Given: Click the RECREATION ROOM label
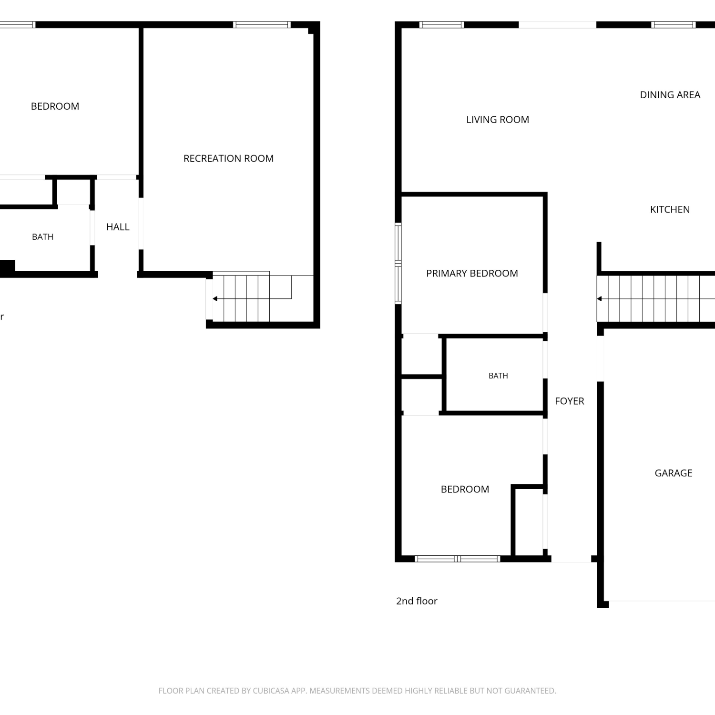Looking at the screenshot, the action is click(228, 158).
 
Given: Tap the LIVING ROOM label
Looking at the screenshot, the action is click(498, 120).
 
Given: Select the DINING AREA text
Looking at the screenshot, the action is click(670, 95).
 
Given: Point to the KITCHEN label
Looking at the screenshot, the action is click(670, 209).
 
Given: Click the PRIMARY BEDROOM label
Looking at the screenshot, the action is click(472, 273).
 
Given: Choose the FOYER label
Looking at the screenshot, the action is click(569, 401).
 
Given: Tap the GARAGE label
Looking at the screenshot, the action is click(673, 473).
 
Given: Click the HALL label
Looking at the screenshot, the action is click(118, 227).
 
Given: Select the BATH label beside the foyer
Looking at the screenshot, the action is click(498, 376).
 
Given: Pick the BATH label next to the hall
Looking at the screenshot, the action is click(42, 237).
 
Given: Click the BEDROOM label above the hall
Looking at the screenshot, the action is click(55, 106).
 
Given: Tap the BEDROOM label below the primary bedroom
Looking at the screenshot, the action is click(465, 489).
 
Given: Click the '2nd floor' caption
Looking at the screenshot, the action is click(417, 601).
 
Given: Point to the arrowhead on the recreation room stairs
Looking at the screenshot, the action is click(215, 299).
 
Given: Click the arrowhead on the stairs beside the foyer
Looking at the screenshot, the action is click(599, 299).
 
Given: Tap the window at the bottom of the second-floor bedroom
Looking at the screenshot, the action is click(457, 559).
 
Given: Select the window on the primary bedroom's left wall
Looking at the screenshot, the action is click(398, 263).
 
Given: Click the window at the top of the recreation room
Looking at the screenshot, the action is click(262, 25).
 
